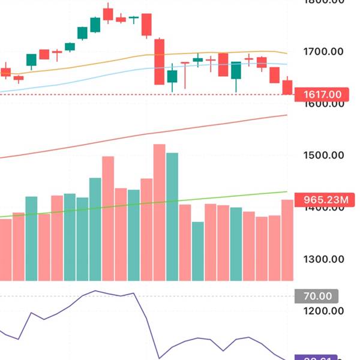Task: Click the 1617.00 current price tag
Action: pos(322,95)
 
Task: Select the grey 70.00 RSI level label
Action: pos(317,296)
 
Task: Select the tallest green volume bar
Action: pos(172,216)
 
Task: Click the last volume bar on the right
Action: pos(287,240)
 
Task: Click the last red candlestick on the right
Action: pos(287,86)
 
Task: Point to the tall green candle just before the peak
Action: pos(95,25)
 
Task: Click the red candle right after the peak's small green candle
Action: pos(146,25)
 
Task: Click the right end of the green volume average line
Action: pos(287,192)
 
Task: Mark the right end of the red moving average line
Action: pos(287,115)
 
